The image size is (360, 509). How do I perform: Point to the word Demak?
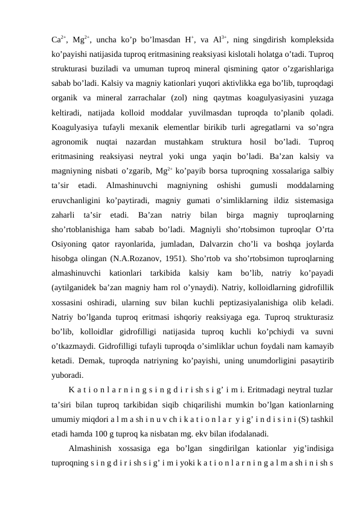coord(92,355)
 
